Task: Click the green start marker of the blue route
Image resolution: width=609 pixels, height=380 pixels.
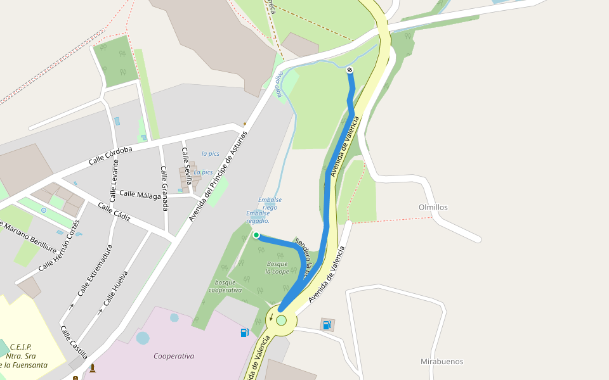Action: [256, 235]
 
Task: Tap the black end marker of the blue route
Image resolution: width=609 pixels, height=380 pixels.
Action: [350, 70]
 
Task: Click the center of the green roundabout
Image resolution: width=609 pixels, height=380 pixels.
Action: [281, 320]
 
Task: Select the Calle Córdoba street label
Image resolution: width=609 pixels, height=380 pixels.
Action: [110, 156]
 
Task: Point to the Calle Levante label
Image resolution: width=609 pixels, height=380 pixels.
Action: [114, 181]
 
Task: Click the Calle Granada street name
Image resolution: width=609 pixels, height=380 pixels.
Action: [164, 188]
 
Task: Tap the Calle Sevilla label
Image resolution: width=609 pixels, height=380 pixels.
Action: [186, 165]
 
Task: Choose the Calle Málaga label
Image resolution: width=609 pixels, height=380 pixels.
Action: [140, 195]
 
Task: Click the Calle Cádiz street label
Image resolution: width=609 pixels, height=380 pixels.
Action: [114, 212]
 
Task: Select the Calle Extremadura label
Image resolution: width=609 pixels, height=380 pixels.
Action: [95, 270]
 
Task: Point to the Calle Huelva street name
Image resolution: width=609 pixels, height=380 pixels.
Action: [115, 288]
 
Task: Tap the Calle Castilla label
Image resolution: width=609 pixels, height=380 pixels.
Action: [74, 342]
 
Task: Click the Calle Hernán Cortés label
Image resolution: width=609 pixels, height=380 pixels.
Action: [60, 246]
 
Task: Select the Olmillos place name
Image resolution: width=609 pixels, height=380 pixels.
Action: [433, 207]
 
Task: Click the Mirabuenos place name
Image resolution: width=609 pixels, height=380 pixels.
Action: [442, 362]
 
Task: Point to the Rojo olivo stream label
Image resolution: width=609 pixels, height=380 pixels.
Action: [279, 84]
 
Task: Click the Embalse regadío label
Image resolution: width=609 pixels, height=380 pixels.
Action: [258, 217]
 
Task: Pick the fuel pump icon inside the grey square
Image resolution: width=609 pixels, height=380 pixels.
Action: [327, 325]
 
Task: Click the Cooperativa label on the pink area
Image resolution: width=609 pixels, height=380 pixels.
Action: [174, 356]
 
